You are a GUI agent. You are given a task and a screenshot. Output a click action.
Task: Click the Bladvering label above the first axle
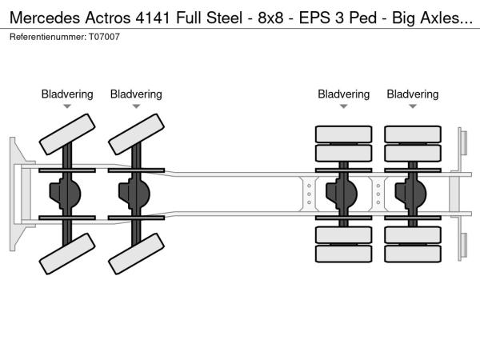click(67, 94)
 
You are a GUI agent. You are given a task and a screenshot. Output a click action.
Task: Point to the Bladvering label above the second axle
click(136, 94)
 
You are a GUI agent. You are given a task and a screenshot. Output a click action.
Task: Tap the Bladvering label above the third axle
click(344, 94)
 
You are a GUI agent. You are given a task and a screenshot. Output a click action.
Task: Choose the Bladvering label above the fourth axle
click(413, 94)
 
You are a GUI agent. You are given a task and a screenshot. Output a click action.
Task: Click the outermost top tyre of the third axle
click(344, 134)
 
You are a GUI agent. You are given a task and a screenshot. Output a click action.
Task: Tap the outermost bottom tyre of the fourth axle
click(413, 254)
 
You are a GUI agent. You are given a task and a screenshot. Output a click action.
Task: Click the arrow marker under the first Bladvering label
click(67, 106)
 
